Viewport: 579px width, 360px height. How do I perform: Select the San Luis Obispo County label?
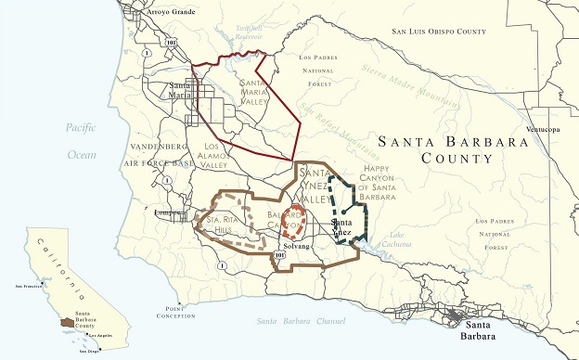click(439, 32)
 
